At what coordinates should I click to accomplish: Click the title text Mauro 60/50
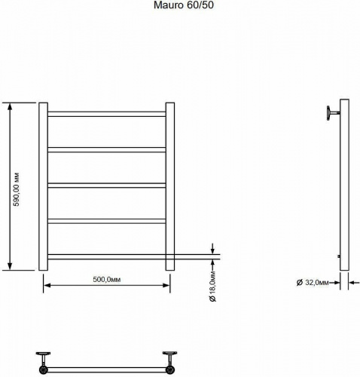coord(184,5)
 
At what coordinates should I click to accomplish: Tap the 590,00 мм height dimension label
coord(17,189)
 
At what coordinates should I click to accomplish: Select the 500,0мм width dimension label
coord(107,280)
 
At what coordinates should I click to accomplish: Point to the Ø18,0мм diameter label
coord(212,287)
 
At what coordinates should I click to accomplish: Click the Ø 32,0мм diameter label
coord(313,283)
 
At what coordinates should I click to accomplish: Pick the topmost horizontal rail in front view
coord(107,114)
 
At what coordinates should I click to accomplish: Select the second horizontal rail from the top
coord(107,150)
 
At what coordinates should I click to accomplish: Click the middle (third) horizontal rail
coord(107,185)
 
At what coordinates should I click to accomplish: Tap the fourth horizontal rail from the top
coord(107,221)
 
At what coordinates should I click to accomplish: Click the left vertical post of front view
coord(43,186)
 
